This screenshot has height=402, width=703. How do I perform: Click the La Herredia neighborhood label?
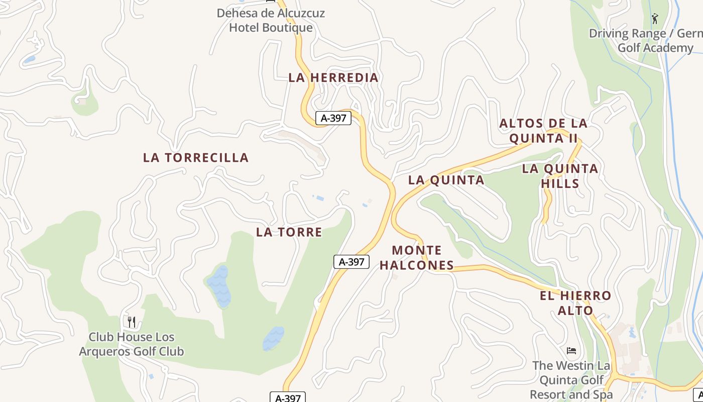click(333, 78)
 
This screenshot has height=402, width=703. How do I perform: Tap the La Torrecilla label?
click(196, 158)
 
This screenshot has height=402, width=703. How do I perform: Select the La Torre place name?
click(289, 232)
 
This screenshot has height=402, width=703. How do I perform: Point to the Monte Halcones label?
click(417, 258)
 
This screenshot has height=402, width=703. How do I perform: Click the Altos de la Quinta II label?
click(543, 131)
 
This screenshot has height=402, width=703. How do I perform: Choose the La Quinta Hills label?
click(560, 176)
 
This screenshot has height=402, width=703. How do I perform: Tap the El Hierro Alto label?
click(575, 303)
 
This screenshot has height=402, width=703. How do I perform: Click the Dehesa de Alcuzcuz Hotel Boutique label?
click(271, 20)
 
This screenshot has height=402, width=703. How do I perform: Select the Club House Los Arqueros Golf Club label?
click(132, 344)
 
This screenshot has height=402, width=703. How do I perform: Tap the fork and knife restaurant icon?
click(132, 322)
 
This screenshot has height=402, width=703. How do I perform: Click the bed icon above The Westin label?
click(571, 350)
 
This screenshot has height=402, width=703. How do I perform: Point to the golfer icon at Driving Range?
click(655, 19)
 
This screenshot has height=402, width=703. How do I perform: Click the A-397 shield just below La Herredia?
click(333, 119)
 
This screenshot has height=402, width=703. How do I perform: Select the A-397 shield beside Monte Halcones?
click(351, 262)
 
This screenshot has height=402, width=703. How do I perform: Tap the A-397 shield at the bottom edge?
click(288, 397)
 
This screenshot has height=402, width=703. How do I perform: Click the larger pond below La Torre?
click(219, 287)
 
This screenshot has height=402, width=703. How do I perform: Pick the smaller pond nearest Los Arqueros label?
click(273, 338)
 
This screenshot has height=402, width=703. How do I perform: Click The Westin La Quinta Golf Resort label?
click(571, 380)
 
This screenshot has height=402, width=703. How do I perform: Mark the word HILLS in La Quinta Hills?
click(560, 184)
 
